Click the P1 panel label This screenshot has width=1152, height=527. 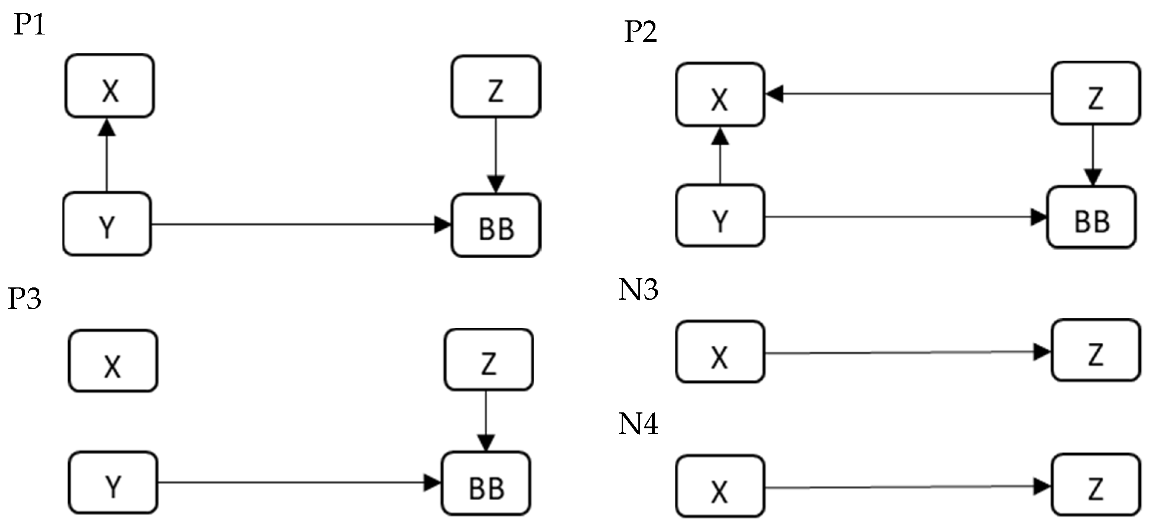(x=30, y=25)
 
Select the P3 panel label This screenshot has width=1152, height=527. (x=24, y=299)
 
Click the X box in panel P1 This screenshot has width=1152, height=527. (x=110, y=86)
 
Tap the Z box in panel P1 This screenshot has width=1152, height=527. (x=496, y=86)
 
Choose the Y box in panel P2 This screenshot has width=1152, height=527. (x=720, y=216)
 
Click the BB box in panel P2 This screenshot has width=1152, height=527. (x=1091, y=217)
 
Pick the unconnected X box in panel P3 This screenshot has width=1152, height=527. (x=113, y=361)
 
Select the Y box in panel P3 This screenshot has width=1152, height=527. (x=113, y=483)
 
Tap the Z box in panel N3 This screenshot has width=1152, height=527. (x=1095, y=350)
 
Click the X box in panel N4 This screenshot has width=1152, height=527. (x=720, y=486)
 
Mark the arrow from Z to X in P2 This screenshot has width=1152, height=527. (x=908, y=94)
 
